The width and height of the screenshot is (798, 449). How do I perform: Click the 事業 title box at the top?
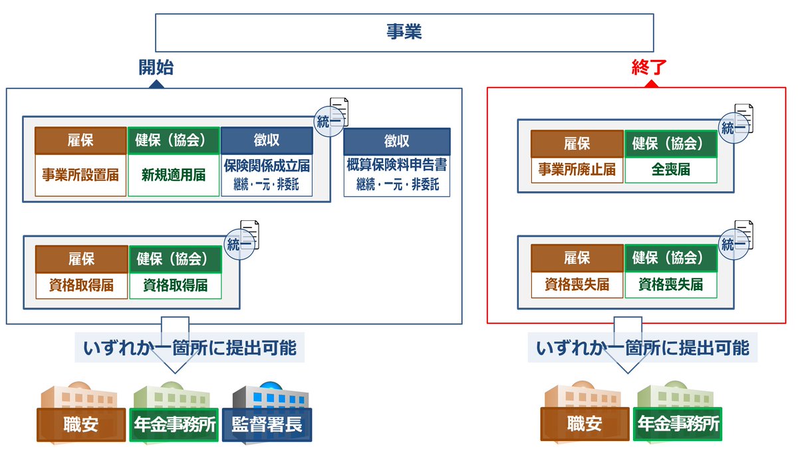pos(404,33)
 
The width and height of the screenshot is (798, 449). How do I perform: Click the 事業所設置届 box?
pos(80,176)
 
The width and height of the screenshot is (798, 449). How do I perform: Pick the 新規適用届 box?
pos(174,176)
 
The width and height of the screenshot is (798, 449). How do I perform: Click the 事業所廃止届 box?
pos(577,170)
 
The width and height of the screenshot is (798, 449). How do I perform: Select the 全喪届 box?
pos(670,170)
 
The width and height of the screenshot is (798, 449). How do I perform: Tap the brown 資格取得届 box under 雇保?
pos(81,285)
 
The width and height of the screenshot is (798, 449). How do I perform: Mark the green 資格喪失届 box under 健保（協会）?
pos(670,285)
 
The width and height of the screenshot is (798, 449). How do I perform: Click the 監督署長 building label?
pos(267,424)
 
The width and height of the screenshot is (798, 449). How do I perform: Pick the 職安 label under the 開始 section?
pos(81,424)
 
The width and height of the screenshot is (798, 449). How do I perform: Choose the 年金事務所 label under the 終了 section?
pos(678,424)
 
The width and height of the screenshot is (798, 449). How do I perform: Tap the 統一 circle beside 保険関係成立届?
pos(330,121)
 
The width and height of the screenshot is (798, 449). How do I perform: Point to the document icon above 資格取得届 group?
pos(250,234)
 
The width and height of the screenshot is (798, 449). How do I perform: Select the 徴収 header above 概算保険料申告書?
pos(397,142)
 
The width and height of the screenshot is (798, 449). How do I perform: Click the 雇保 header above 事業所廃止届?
pos(577,143)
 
